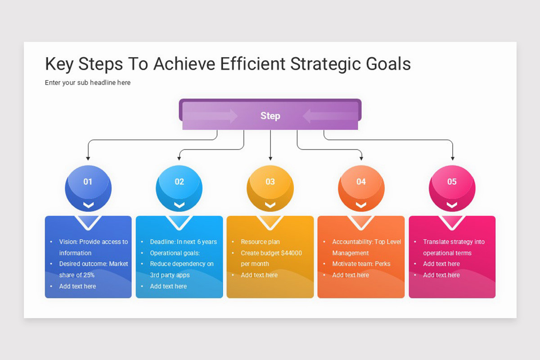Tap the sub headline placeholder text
tap(88, 83)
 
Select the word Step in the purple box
tap(270, 116)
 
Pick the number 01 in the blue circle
tap(88, 182)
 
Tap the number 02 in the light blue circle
tap(179, 182)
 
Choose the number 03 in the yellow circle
tap(270, 182)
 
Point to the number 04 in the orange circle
tap(361, 182)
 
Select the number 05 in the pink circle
tap(452, 182)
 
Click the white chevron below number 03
tap(270, 205)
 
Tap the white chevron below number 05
tap(452, 205)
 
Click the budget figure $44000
tap(291, 253)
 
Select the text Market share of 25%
tap(94, 269)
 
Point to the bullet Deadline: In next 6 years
tap(183, 242)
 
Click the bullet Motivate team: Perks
tap(361, 264)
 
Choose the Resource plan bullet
tap(260, 242)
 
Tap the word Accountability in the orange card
tap(352, 242)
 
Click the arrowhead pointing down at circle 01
tap(88, 158)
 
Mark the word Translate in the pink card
tap(436, 242)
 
